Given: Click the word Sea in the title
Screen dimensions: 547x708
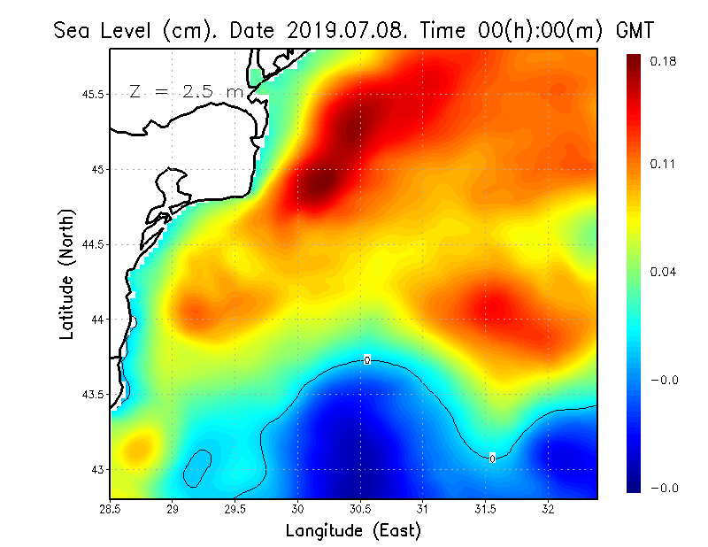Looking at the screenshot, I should point(73,29).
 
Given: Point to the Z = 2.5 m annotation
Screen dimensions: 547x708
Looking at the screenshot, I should point(186,91).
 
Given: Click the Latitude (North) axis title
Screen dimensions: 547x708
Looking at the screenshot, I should point(67,273).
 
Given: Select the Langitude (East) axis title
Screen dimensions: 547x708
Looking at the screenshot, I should point(353,530).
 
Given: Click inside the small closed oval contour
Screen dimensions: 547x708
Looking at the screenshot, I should point(196,467).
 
